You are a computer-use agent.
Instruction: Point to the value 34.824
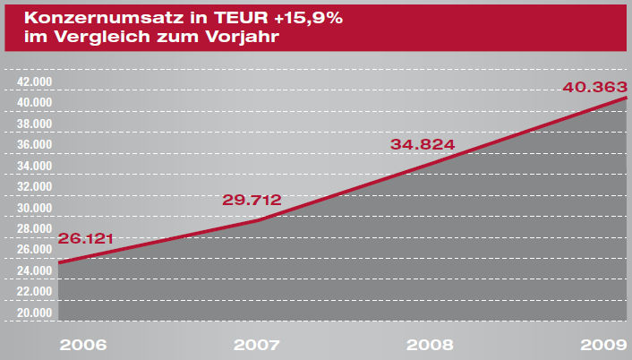pyautogui.click(x=423, y=144)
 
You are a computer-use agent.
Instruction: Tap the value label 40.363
pyautogui.click(x=594, y=88)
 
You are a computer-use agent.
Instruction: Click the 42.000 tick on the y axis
pyautogui.click(x=36, y=81)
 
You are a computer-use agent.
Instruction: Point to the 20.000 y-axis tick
pyautogui.click(x=36, y=313)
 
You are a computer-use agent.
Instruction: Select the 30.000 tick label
pyautogui.click(x=36, y=208)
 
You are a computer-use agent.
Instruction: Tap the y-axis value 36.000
pyautogui.click(x=36, y=144)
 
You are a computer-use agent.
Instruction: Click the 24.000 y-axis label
pyautogui.click(x=36, y=270)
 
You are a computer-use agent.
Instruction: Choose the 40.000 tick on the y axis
pyautogui.click(x=36, y=102)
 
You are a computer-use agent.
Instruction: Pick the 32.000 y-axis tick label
pyautogui.click(x=36, y=186)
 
